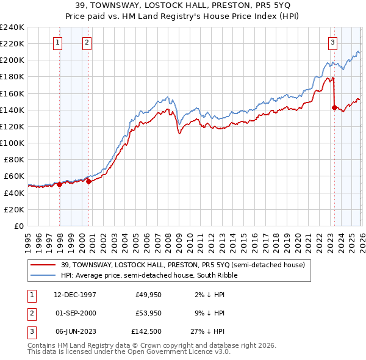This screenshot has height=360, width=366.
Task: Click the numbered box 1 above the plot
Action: coord(57,42)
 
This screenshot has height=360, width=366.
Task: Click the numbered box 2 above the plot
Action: coord(87,42)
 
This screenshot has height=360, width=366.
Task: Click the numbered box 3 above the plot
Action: coord(332,42)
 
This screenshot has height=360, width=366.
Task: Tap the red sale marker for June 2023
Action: coord(334,107)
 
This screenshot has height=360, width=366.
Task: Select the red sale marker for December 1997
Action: coord(60,184)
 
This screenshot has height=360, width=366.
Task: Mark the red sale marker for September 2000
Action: coord(89,181)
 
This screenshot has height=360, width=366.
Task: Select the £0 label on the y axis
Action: coord(18,226)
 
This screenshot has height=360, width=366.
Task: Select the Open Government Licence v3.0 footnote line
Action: coord(129,351)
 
